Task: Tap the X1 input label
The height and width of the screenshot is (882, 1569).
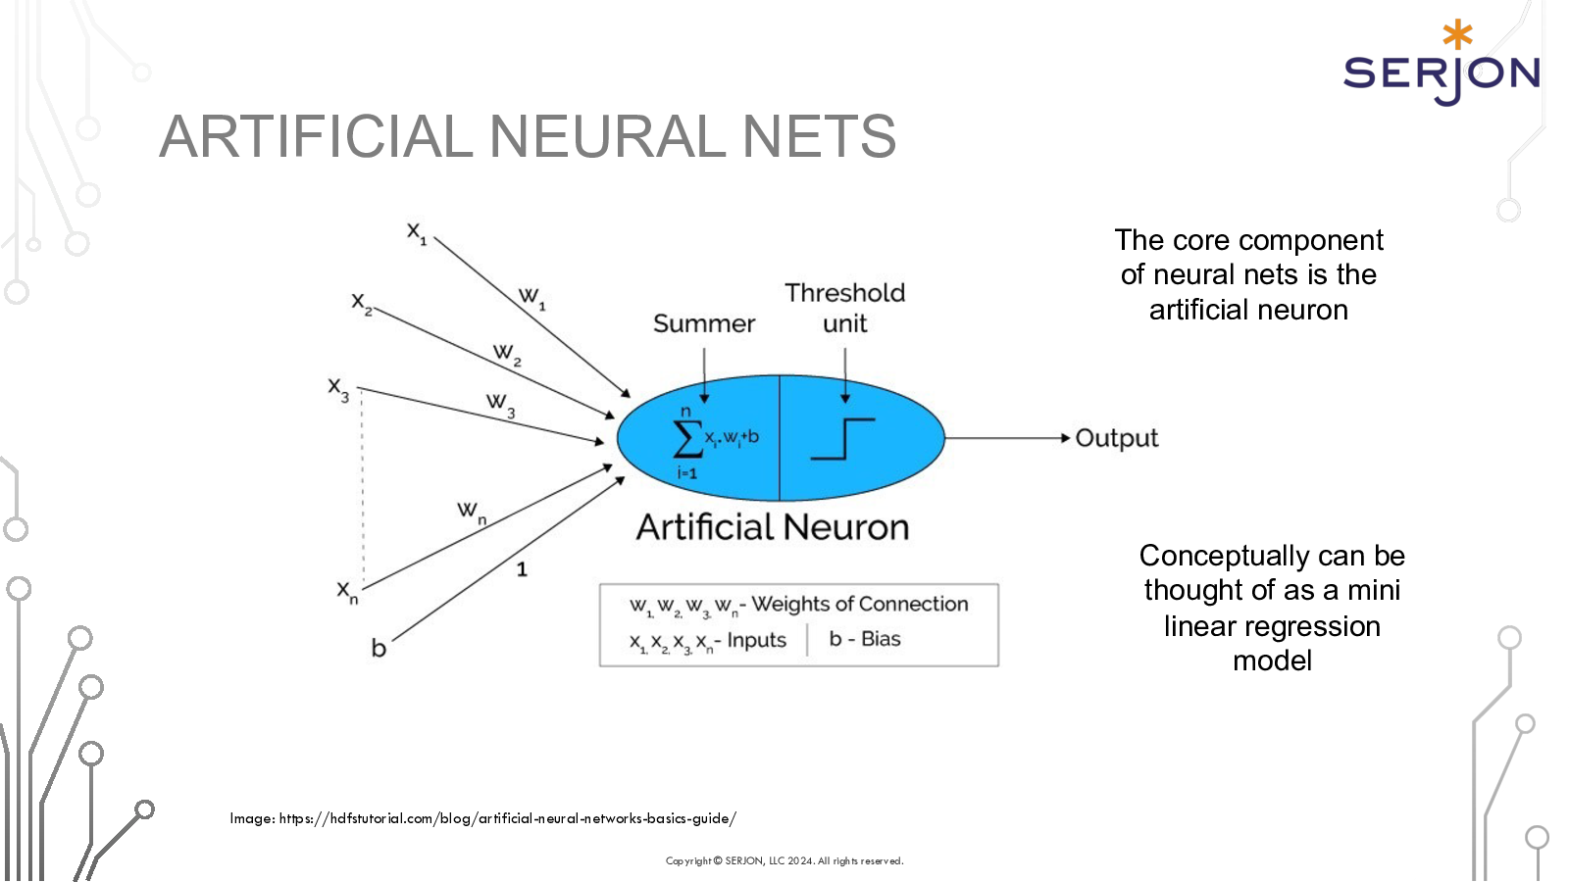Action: coord(417,233)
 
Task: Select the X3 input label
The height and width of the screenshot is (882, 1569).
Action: coord(338,389)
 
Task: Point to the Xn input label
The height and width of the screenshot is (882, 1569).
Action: coord(347,592)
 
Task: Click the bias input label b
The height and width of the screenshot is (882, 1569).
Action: coord(379,649)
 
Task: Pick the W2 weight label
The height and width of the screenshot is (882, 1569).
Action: coord(506,353)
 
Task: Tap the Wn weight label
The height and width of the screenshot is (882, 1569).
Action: coord(471,512)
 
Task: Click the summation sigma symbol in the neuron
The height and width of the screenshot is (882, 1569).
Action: coord(687,438)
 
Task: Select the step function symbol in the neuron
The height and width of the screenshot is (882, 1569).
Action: coord(842,438)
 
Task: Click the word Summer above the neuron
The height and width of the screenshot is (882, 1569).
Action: coord(704,323)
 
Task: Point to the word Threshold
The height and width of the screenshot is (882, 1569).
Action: coord(844,293)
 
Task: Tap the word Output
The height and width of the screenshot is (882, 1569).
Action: coord(1116,438)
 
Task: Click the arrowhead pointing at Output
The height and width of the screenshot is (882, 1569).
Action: coord(1065,438)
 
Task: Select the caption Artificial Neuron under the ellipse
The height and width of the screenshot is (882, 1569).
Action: coord(773,527)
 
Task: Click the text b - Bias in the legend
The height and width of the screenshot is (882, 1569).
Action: coord(865,639)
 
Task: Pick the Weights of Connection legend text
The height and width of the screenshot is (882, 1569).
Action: coord(859,604)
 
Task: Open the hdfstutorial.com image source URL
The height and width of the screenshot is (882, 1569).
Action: coord(507,818)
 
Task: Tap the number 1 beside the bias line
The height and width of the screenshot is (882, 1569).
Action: coord(522,569)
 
